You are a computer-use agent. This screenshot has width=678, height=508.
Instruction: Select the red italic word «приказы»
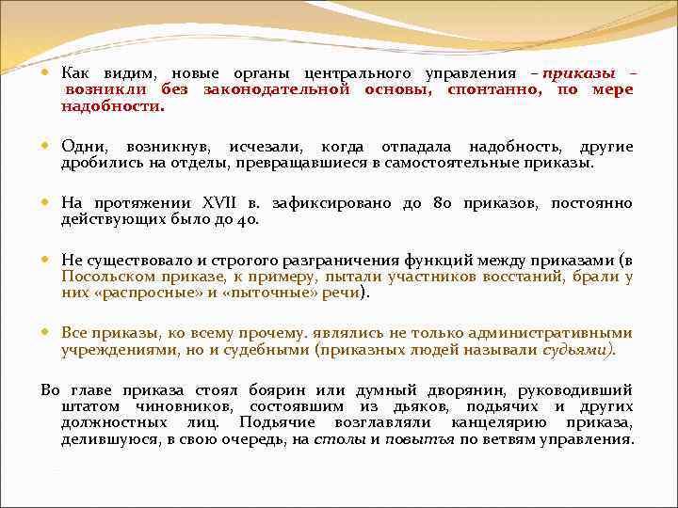pos(578,73)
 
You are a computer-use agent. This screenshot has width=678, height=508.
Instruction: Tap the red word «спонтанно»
pos(488,89)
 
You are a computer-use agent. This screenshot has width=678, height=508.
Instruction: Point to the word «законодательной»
pos(277,89)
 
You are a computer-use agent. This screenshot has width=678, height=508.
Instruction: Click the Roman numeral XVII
pos(221,203)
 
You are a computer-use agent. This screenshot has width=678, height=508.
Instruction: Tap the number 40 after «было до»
pos(248,219)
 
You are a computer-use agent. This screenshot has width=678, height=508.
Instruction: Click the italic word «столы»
pos(333,439)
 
